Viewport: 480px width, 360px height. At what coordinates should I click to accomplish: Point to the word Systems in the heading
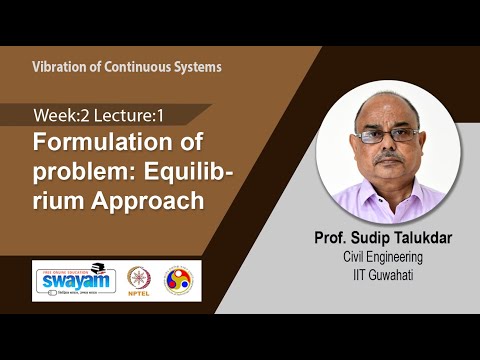pos(195,67)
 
